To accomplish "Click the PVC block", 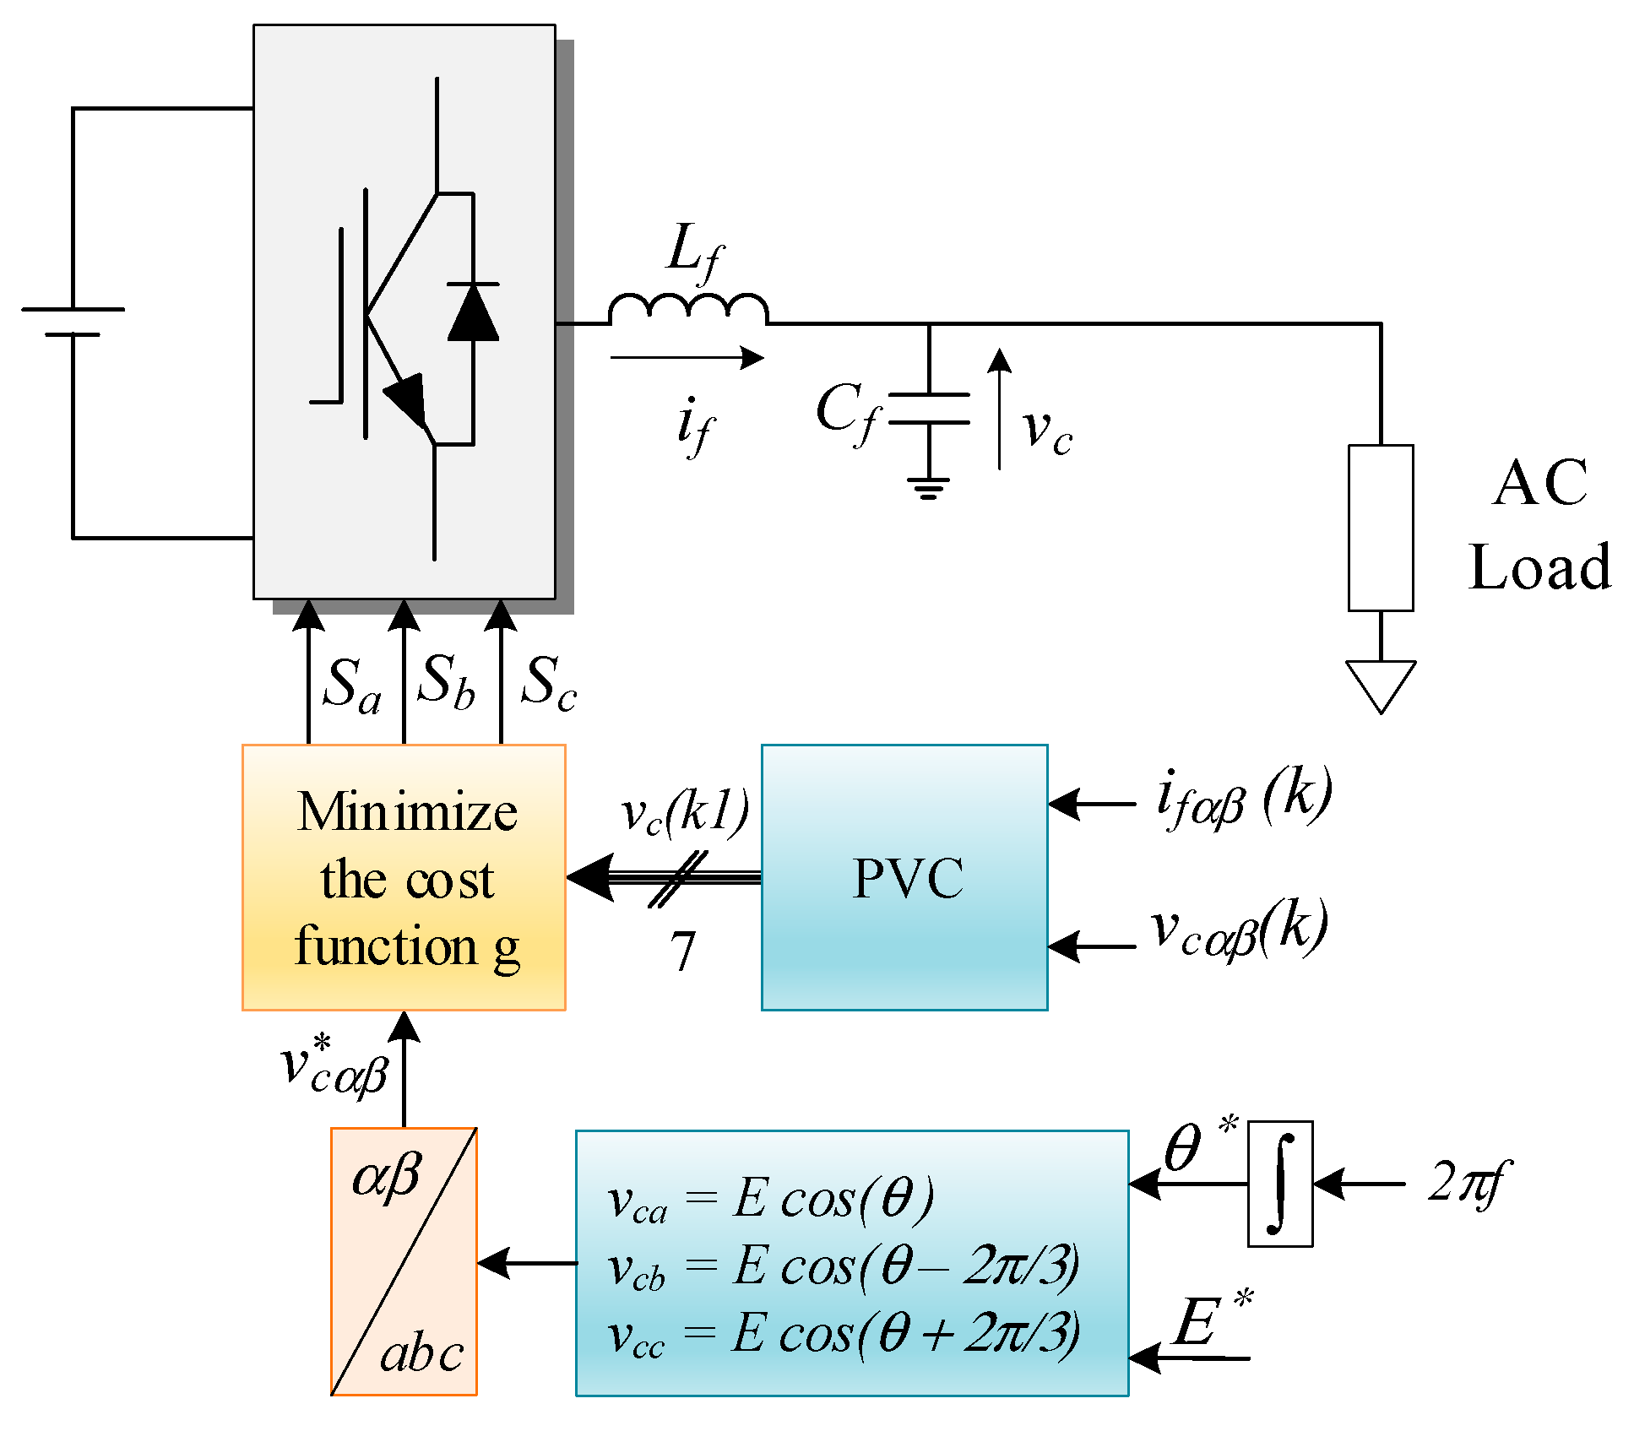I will [x=904, y=877].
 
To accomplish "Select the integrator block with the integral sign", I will [x=1279, y=1183].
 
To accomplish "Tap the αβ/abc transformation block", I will [x=404, y=1261].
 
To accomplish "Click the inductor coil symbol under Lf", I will [x=687, y=309].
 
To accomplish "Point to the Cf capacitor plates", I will [x=929, y=408].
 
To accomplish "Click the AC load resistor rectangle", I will [x=1380, y=528].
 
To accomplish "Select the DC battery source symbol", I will [x=73, y=322].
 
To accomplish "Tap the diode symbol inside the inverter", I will [x=473, y=312].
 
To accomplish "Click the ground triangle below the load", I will [x=1380, y=684].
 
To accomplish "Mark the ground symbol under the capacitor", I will [x=928, y=488].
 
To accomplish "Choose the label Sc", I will [x=548, y=682].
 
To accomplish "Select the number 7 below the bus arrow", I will [x=682, y=951].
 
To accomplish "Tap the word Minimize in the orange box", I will [x=407, y=812].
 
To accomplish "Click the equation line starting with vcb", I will [x=843, y=1267].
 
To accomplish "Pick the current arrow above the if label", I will [x=687, y=357].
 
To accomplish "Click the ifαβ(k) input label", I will [x=1243, y=798].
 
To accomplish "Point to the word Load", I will [x=1539, y=566].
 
